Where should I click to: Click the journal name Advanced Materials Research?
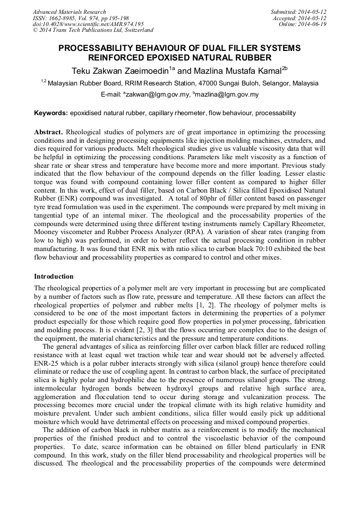click(x=69, y=12)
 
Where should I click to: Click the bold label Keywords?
click(x=51, y=113)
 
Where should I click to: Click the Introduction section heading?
click(x=54, y=277)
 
